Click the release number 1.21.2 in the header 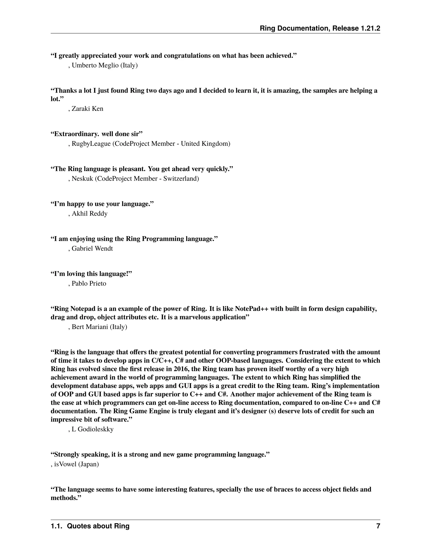point(370,28)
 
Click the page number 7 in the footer point(378,526)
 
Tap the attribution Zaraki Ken point(87,109)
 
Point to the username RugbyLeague point(91,144)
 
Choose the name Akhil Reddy point(90,214)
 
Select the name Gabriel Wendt point(92,249)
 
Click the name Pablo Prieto point(89,284)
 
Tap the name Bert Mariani point(90,327)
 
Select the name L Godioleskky point(92,429)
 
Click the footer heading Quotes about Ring point(98,526)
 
